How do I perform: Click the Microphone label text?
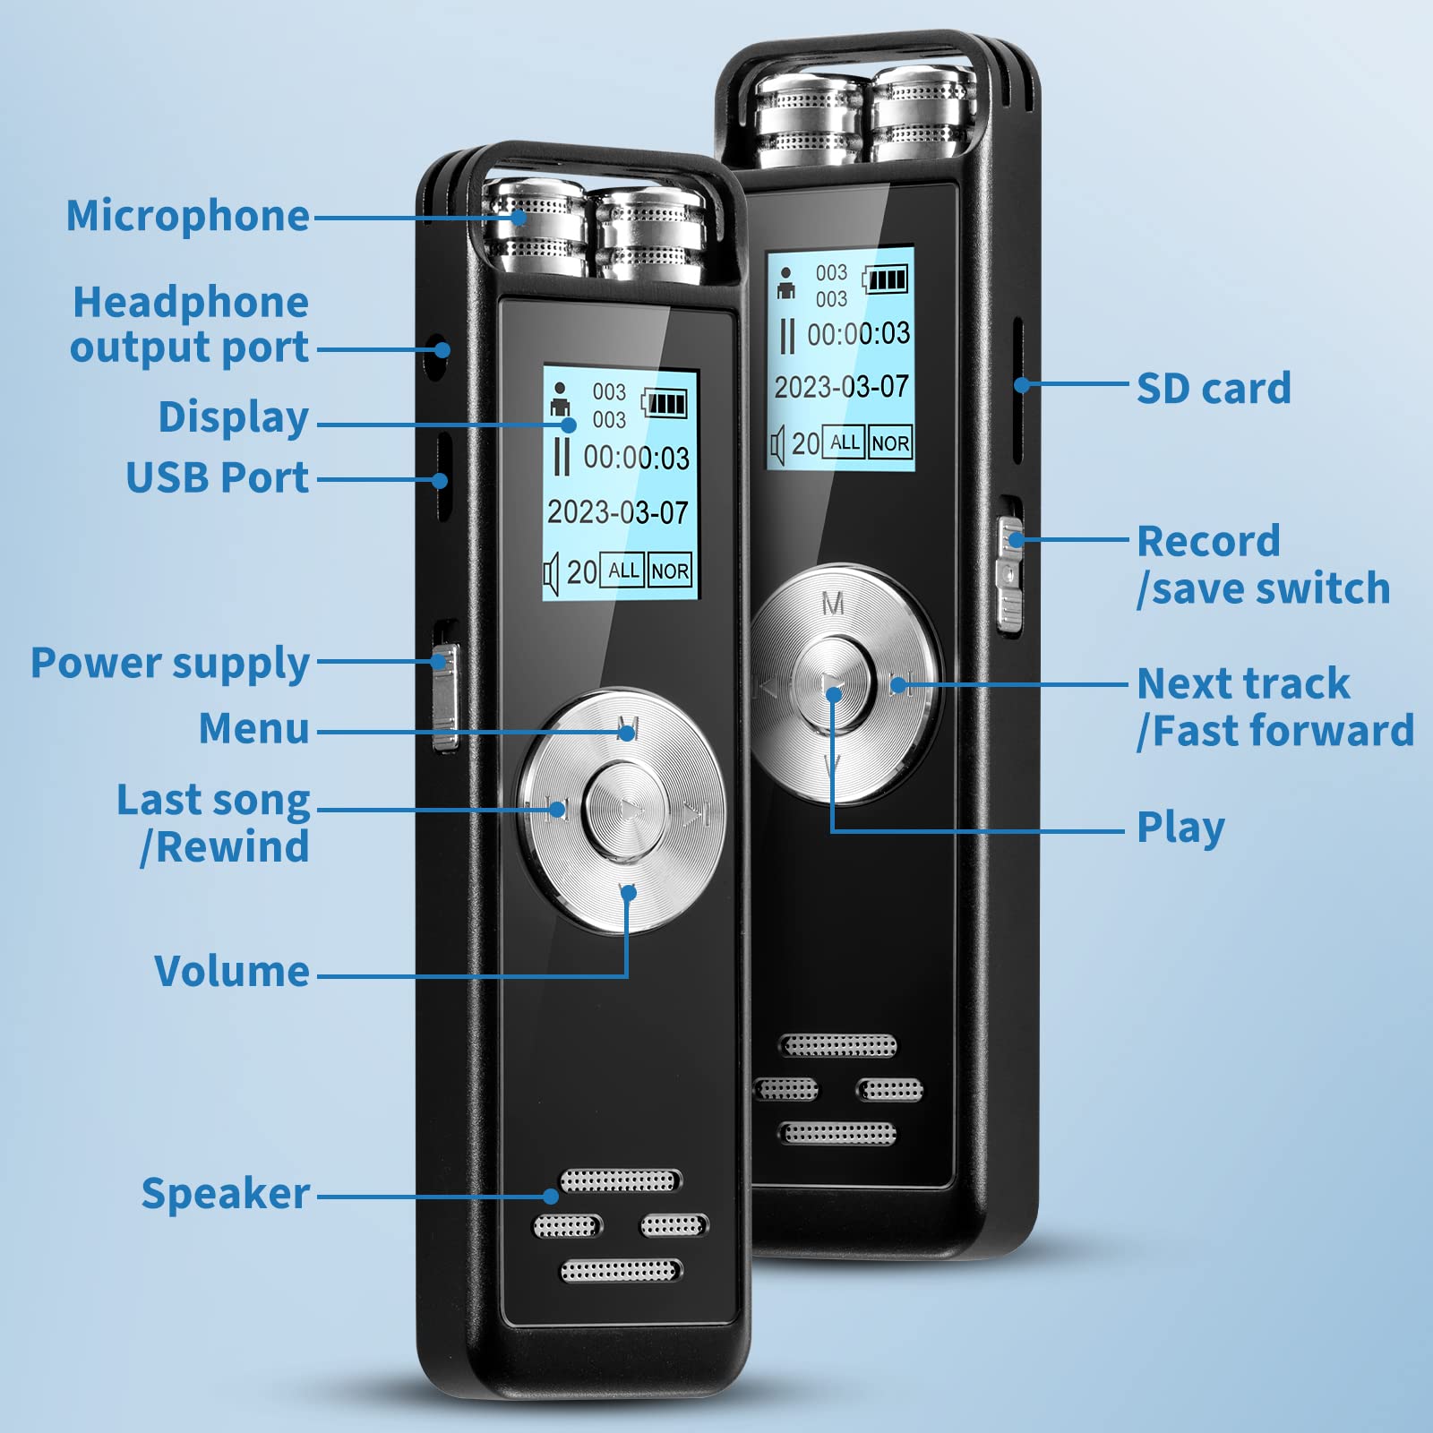click(188, 216)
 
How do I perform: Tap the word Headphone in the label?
click(191, 303)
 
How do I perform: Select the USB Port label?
click(218, 477)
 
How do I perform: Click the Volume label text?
click(232, 971)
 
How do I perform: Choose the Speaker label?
click(226, 1194)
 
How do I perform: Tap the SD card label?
click(1214, 389)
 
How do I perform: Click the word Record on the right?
click(1208, 541)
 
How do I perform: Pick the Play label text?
click(1180, 828)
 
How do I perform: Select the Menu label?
click(254, 728)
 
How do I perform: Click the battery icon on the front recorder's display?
click(665, 403)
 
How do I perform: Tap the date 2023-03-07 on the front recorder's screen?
click(618, 512)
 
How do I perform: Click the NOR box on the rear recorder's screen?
click(890, 442)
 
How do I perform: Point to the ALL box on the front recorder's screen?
click(623, 571)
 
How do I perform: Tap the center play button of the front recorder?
click(625, 811)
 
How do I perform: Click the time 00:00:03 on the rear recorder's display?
click(858, 334)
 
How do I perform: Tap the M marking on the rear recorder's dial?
click(833, 605)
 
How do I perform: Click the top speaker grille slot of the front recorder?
click(620, 1181)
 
